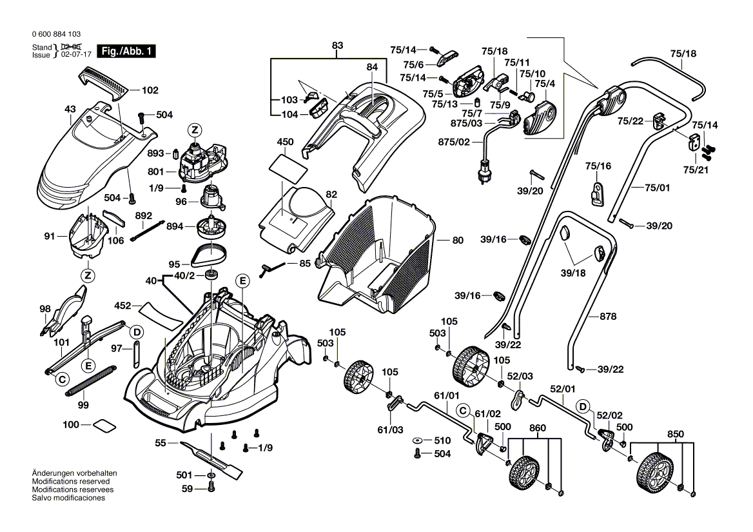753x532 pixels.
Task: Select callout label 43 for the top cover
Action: [70, 109]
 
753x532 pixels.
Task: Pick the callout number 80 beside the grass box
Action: [458, 241]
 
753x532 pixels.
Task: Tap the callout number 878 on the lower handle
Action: [608, 317]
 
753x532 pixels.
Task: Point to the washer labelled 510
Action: [418, 440]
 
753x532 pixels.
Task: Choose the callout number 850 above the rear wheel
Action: [676, 434]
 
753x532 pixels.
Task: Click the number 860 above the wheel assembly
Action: [537, 428]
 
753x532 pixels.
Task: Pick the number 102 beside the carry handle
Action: [150, 90]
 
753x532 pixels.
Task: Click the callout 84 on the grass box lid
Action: [371, 66]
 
